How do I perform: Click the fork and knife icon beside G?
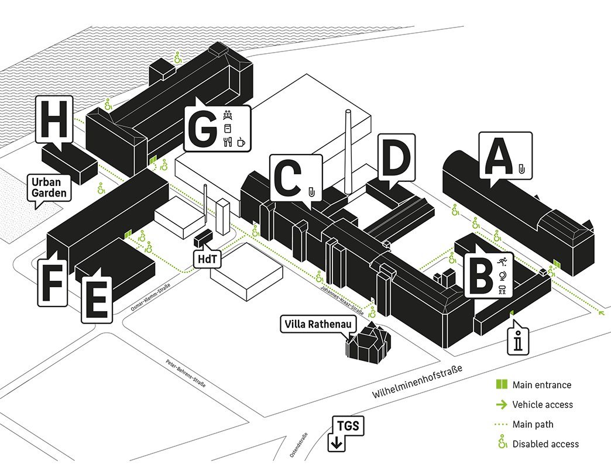click(x=228, y=142)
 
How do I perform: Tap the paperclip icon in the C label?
click(x=312, y=191)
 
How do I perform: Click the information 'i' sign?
click(x=518, y=341)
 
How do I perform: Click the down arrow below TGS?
click(x=337, y=443)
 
